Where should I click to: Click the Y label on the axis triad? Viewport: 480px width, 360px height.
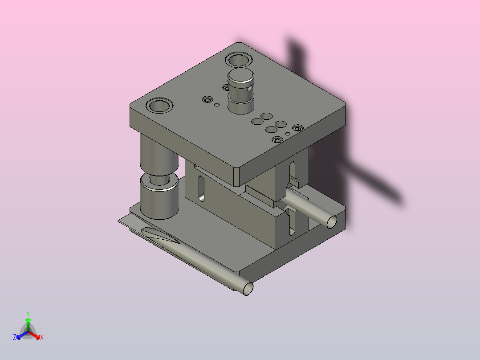[x=28, y=313]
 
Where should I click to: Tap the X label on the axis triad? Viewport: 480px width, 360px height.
[x=42, y=337]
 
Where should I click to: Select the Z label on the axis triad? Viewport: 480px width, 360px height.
[x=15, y=337]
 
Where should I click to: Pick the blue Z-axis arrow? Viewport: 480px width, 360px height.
[x=22, y=335]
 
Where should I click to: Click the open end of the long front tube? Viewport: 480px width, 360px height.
[x=248, y=289]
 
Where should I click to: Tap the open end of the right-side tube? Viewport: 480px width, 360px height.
[x=332, y=222]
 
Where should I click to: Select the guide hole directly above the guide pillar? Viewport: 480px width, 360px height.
[x=159, y=106]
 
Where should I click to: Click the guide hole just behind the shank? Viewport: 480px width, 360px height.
[x=239, y=60]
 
